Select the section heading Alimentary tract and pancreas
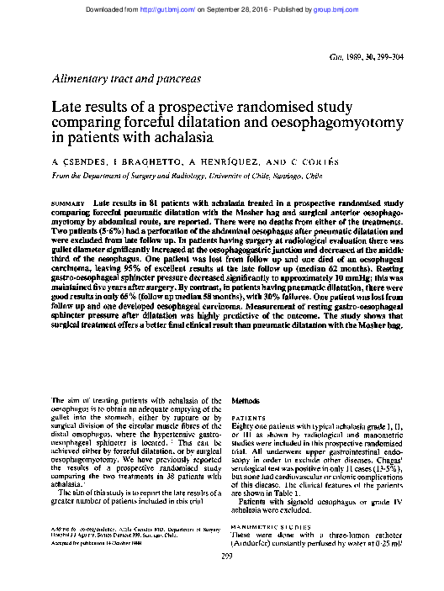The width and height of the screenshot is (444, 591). tap(126, 78)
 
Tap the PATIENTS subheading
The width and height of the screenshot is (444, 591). tap(249, 417)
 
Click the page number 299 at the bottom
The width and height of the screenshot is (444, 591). tap(225, 578)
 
